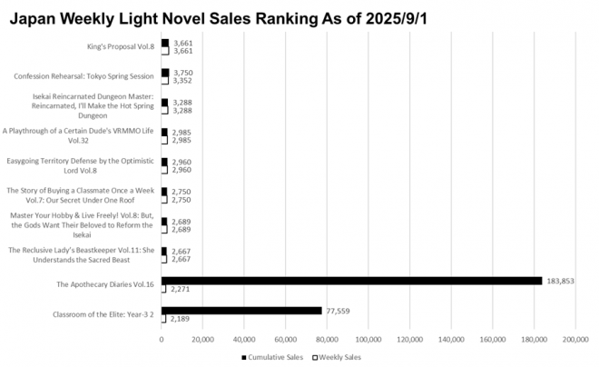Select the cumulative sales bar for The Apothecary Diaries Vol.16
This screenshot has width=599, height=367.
[x=351, y=281]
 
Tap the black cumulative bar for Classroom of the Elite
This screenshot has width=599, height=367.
[x=241, y=311]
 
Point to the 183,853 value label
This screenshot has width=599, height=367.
[x=560, y=281]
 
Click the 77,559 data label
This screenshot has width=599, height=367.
[x=339, y=311]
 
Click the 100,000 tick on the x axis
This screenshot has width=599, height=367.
[x=368, y=340]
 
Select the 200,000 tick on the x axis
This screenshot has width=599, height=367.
[x=574, y=340]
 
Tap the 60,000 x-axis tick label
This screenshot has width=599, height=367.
[x=285, y=340]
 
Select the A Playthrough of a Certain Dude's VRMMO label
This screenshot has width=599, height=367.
[x=80, y=135]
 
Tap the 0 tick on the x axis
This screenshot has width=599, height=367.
[x=162, y=340]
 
